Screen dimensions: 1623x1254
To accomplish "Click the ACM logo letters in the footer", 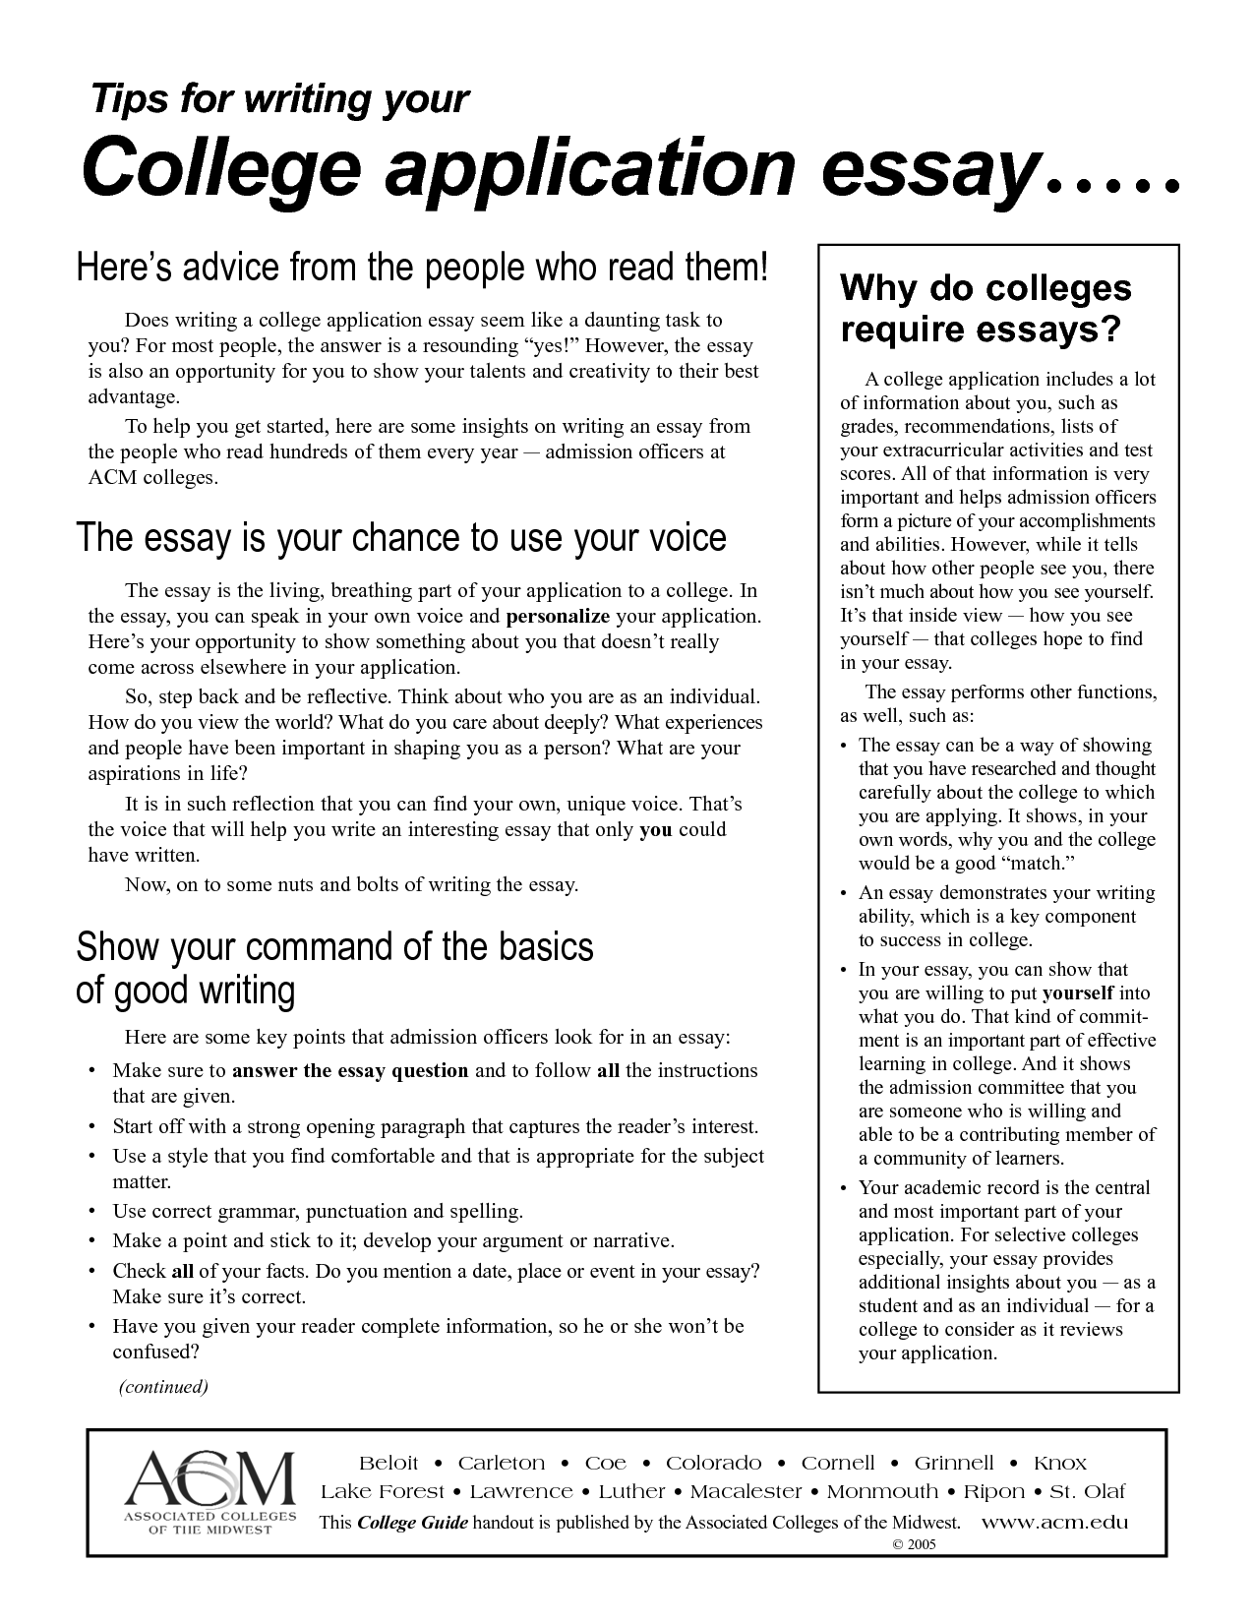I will click(x=209, y=1478).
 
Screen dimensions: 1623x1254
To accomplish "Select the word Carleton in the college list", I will click(x=502, y=1463).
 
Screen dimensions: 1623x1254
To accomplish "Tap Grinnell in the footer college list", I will click(x=954, y=1463).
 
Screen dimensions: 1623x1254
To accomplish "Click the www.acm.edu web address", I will click(x=1055, y=1523).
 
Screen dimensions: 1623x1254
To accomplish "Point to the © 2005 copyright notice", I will click(x=914, y=1544).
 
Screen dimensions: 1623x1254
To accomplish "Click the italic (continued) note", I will click(x=163, y=1387).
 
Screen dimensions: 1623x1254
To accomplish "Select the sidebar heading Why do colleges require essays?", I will click(x=985, y=309).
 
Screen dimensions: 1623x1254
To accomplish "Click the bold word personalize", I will click(x=558, y=617).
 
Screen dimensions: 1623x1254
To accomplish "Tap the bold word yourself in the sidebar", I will click(x=1078, y=993).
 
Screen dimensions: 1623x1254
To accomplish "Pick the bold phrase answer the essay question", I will click(x=350, y=1070).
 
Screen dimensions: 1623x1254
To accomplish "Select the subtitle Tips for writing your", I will click(x=279, y=99).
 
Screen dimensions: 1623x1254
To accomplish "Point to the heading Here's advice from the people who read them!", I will click(x=420, y=268).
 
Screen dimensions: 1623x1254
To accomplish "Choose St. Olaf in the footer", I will click(x=1088, y=1492).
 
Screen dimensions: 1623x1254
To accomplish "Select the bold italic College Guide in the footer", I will click(x=413, y=1523).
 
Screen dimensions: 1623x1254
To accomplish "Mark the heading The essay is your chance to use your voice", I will click(x=401, y=538).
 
